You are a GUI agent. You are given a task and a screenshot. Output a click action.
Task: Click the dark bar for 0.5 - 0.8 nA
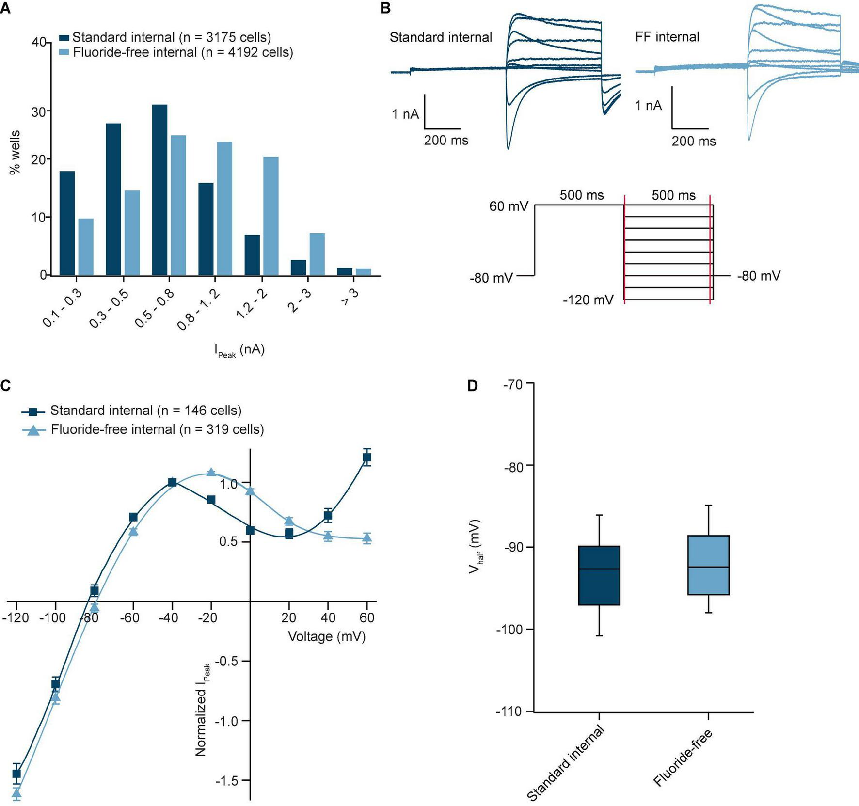click(159, 190)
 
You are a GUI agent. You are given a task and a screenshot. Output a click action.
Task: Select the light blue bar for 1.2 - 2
click(270, 216)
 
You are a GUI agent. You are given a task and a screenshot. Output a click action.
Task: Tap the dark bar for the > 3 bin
click(345, 271)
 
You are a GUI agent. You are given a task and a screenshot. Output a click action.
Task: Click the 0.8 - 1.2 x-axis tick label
click(198, 311)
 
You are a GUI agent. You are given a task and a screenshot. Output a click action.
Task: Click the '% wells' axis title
click(15, 152)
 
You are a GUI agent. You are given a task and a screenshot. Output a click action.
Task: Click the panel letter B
click(385, 9)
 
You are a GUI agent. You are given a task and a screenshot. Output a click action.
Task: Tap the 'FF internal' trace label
click(667, 37)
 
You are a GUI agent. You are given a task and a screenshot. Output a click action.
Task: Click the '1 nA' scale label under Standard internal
click(405, 114)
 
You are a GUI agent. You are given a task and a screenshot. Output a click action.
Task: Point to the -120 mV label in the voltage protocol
click(588, 300)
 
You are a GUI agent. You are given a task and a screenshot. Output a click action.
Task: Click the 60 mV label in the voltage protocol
click(508, 206)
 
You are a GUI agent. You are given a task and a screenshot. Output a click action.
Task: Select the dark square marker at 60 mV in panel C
click(367, 457)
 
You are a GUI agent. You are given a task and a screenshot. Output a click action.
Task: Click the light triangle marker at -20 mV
click(211, 472)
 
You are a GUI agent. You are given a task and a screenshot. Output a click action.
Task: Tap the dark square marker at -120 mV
click(16, 774)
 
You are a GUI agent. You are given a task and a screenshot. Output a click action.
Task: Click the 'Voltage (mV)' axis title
click(327, 636)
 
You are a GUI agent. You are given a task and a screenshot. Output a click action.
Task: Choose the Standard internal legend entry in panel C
click(145, 411)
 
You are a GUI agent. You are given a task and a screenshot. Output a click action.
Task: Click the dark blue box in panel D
click(599, 575)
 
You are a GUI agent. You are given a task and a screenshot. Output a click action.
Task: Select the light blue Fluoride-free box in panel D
click(708, 565)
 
